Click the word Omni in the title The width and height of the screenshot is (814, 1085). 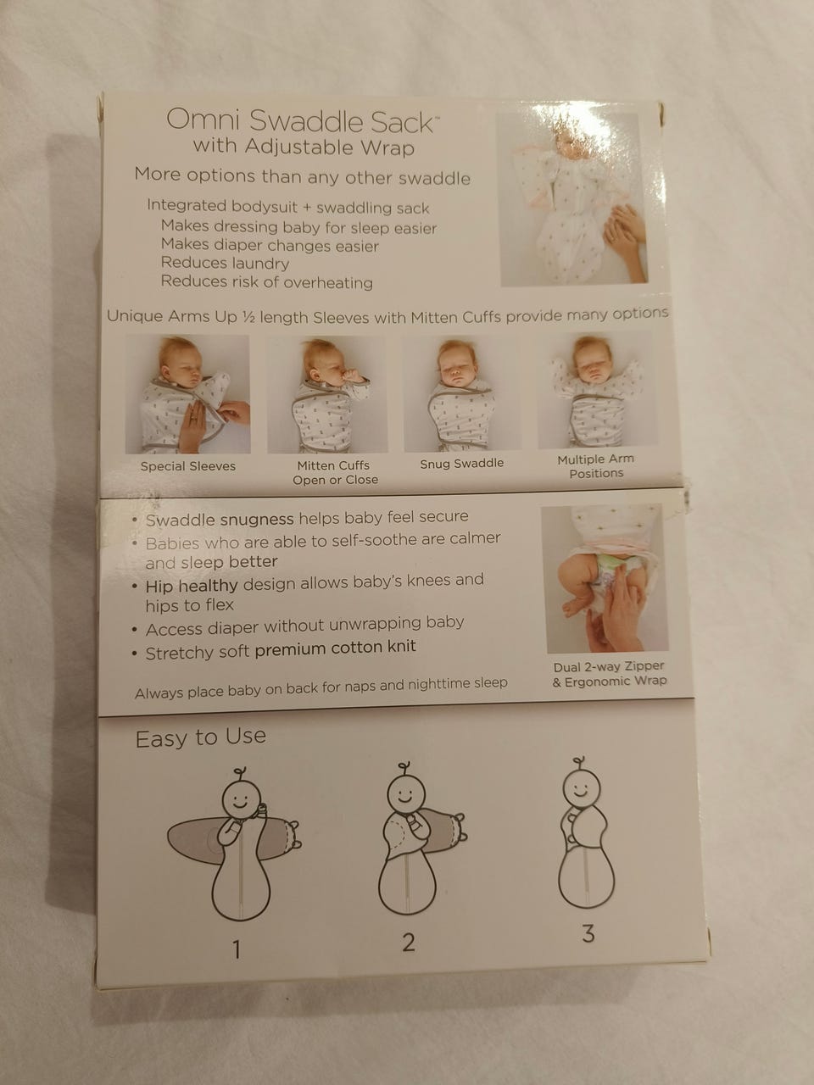pos(203,120)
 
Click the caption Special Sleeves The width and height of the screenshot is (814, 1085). pos(187,466)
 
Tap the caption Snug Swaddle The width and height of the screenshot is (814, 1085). pos(461,464)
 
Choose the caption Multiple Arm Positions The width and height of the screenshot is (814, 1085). pos(596,466)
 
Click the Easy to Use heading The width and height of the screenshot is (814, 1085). pos(201,737)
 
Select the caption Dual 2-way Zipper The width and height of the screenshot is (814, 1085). pos(609,667)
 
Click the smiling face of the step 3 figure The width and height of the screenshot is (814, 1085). pos(582,793)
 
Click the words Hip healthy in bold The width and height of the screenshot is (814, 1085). pos(192,586)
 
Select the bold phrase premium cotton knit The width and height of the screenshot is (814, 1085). pos(335,648)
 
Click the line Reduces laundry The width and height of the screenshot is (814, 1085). pos(225,263)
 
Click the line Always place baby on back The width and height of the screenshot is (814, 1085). pos(321,688)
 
